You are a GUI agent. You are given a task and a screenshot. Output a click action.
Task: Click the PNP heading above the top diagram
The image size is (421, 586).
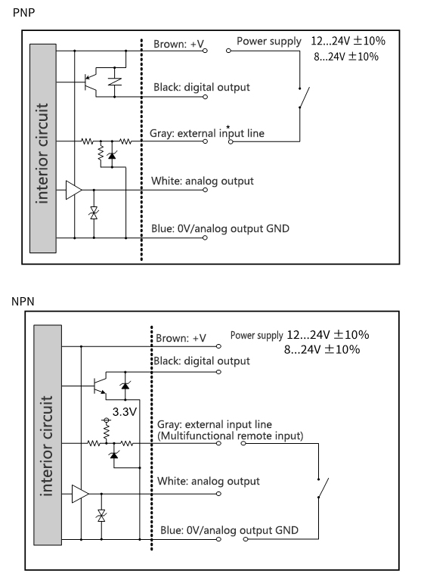[23, 12]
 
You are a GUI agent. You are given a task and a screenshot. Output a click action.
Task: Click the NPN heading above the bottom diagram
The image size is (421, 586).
[23, 301]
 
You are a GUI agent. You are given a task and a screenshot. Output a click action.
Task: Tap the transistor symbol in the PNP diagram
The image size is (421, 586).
[91, 82]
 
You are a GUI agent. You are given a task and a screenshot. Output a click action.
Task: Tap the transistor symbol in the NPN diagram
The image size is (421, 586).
[100, 386]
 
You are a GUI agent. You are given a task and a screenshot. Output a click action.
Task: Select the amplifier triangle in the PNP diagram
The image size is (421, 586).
[73, 190]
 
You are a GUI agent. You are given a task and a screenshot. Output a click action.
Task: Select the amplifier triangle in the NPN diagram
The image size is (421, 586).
[80, 494]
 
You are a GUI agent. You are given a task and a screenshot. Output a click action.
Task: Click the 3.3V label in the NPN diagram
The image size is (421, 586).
[125, 412]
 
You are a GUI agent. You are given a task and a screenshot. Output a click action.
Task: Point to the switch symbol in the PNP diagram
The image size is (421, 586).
[304, 98]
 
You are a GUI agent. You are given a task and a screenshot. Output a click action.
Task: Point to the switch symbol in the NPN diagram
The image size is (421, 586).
[323, 488]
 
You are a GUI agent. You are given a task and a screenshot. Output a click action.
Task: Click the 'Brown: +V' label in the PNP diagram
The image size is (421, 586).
[178, 44]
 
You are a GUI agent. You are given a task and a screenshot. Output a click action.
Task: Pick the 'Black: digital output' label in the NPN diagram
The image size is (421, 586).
[202, 361]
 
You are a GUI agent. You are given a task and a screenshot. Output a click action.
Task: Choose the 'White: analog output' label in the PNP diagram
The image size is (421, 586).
[202, 181]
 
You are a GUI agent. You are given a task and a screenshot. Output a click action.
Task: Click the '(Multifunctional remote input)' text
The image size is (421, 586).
[230, 436]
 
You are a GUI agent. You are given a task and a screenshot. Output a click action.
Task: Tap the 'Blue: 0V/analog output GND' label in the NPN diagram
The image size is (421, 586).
[229, 530]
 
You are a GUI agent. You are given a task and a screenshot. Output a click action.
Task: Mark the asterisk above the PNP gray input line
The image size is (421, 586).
[228, 127]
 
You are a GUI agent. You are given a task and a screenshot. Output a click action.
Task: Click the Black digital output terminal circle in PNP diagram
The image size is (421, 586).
[205, 98]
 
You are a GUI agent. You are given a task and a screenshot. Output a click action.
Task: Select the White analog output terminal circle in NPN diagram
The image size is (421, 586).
[219, 494]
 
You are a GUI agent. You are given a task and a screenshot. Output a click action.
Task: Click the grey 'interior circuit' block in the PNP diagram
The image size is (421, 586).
[43, 148]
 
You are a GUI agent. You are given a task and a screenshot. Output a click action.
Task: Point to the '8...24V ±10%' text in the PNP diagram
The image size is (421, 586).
[346, 57]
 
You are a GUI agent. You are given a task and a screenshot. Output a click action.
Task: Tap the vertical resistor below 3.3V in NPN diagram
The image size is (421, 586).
[107, 431]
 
